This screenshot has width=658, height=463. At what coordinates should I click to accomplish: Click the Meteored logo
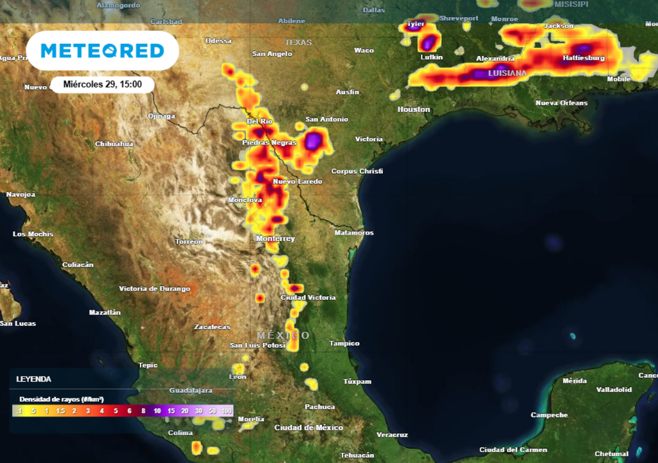point(102,51)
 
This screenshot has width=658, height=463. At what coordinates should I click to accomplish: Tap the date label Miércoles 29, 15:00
point(103,84)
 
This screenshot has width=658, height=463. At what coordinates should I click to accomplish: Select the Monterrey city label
point(275,239)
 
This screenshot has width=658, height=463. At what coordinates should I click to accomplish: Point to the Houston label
point(414,109)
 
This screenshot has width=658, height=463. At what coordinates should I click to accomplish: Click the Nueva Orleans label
point(562,103)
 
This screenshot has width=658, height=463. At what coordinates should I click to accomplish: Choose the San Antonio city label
point(326,120)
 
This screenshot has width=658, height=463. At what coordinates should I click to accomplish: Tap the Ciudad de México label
point(308,428)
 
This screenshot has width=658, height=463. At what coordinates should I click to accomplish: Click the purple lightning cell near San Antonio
point(314,141)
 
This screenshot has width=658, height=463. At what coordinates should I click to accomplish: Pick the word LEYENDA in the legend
point(33,379)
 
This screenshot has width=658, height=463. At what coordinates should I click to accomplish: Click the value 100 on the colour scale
point(226,411)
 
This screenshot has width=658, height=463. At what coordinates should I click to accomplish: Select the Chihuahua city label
point(114,144)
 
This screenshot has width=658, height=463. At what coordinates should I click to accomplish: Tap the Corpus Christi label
point(357,171)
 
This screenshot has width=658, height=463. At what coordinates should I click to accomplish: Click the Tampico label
point(344,343)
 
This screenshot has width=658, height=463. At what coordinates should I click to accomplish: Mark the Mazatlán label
point(105,313)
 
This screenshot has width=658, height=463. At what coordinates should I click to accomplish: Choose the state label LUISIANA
point(508,73)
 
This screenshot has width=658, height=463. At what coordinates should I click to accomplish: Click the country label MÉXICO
point(283,336)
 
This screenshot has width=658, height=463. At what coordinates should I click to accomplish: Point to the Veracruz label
point(391,435)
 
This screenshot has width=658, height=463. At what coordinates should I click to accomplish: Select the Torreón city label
point(189,242)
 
